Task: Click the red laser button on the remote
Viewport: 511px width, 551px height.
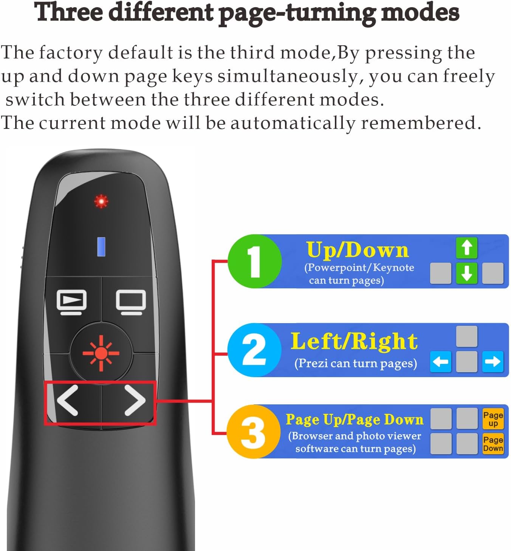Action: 101,353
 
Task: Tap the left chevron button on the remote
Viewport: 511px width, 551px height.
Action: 68,400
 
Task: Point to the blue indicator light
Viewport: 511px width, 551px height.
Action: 101,247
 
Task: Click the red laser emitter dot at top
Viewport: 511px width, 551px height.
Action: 101,201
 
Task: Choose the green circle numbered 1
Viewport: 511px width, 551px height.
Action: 254,261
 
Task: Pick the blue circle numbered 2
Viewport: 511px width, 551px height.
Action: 254,350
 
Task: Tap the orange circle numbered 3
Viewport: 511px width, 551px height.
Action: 253,432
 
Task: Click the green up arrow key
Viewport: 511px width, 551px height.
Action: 467,248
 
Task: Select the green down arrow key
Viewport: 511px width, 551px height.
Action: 467,273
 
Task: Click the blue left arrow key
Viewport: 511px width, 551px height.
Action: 441,362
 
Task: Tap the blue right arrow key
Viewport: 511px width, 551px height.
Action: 492,362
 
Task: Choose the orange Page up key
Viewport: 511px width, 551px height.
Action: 493,419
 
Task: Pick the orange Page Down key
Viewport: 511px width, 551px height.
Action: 493,444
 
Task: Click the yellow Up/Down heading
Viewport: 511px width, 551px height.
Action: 357,250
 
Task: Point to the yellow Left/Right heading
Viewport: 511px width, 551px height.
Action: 354,341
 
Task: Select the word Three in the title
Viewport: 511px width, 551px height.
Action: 68,12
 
